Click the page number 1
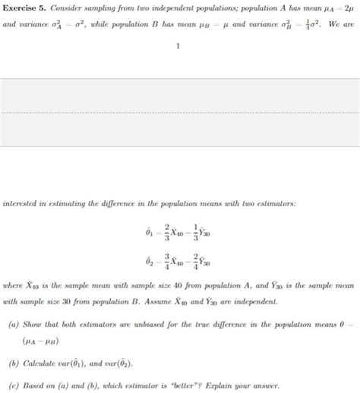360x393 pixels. tap(178, 46)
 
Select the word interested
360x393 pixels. tap(23, 182)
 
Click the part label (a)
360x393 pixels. tap(13, 322)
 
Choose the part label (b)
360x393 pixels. tap(13, 363)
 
